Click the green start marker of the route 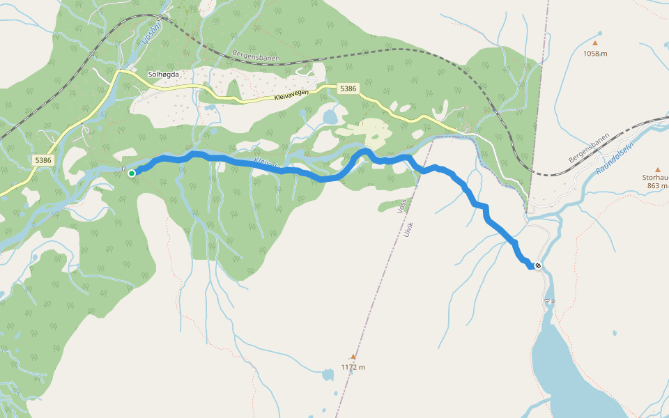click(x=132, y=173)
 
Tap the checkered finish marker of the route click(x=538, y=265)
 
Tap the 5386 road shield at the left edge click(x=43, y=160)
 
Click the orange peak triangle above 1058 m click(x=598, y=33)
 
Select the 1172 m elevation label click(x=353, y=367)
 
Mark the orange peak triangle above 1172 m click(x=353, y=356)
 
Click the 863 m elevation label click(x=657, y=186)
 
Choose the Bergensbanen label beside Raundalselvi click(x=589, y=148)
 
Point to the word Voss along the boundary click(x=400, y=209)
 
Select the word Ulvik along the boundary click(x=408, y=230)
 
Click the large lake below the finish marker click(x=571, y=369)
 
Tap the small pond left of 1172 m click(x=328, y=376)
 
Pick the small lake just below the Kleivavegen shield click(x=330, y=116)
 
